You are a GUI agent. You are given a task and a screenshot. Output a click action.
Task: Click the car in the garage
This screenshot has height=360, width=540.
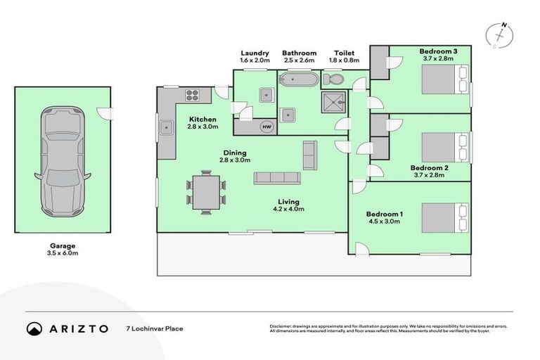63,161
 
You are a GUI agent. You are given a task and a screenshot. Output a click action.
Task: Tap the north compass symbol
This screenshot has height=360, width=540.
501,34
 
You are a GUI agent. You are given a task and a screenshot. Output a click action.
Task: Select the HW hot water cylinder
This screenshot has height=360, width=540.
266,127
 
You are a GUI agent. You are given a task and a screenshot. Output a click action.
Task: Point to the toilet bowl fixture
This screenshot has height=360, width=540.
335,79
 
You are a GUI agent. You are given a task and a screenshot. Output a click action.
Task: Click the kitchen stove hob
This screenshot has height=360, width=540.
193,95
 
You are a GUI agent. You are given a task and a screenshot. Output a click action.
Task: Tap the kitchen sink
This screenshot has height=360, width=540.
166,127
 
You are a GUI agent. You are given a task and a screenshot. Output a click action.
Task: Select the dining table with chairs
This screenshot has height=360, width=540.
206,191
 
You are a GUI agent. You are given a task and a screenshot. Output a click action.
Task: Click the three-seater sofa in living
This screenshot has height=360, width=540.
277,178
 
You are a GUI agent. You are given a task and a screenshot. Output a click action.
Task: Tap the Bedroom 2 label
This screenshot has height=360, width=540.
429,168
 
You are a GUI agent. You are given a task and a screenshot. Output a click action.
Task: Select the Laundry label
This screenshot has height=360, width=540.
255,53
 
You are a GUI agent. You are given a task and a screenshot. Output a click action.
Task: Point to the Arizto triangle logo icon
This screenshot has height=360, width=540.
34,328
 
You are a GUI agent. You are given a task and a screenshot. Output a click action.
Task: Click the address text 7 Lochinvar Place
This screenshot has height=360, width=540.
155,328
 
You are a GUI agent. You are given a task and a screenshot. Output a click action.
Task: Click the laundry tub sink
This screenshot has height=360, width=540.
266,95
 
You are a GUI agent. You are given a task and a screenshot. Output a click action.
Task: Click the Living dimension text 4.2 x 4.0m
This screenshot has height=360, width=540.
288,209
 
